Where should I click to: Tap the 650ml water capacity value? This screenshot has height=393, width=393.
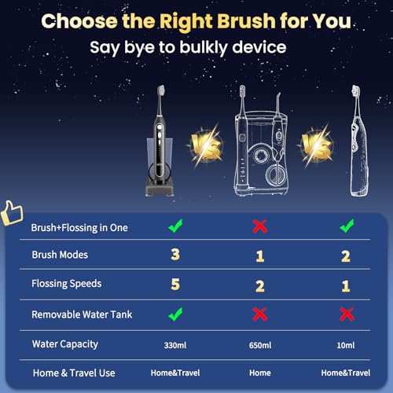click(x=259, y=343)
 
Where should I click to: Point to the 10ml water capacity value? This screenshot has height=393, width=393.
click(x=346, y=343)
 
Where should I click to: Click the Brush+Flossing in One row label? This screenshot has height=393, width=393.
click(x=79, y=227)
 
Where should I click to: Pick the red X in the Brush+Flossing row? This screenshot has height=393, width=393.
click(x=259, y=227)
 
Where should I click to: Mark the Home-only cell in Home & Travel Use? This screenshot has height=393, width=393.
click(x=259, y=373)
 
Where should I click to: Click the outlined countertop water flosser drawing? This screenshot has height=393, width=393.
click(x=259, y=149)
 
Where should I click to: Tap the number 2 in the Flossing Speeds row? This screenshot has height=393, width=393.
click(x=259, y=285)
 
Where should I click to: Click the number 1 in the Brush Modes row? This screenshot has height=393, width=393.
click(x=259, y=256)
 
